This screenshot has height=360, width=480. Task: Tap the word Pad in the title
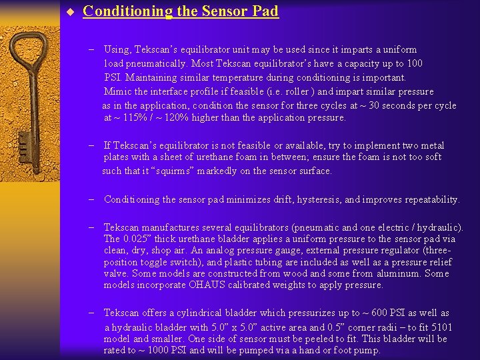click(265, 11)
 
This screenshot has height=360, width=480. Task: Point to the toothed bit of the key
click(25, 143)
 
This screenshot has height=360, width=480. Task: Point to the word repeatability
click(427, 199)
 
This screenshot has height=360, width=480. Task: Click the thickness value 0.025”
click(140, 239)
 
